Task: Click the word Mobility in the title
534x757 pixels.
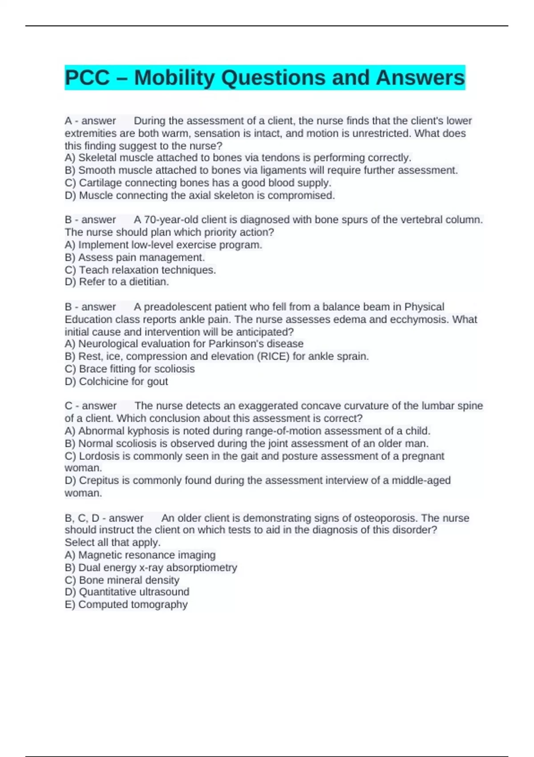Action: point(174,78)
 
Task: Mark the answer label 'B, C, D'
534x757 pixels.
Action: point(82,518)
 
